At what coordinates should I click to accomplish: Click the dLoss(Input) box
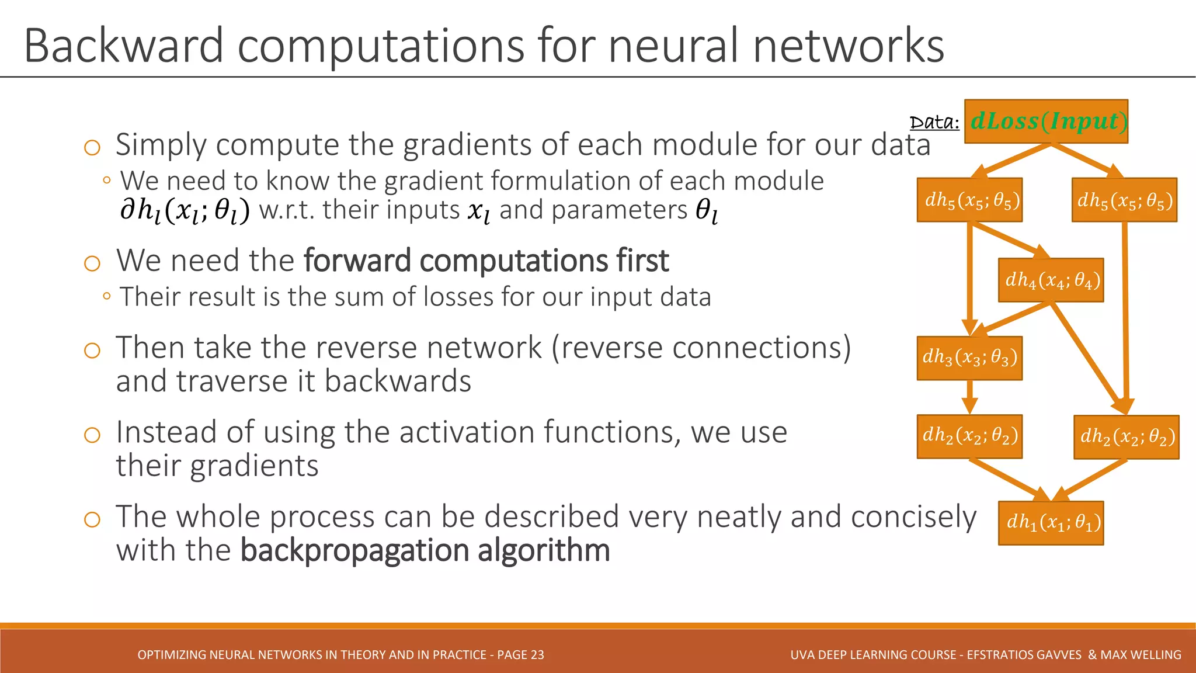(1045, 122)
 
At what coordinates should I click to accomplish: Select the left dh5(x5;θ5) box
(969, 200)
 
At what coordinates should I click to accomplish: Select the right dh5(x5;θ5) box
(1124, 200)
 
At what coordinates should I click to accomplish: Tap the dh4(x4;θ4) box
(1051, 280)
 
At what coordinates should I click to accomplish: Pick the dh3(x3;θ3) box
(969, 358)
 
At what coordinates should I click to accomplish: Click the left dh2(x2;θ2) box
(969, 436)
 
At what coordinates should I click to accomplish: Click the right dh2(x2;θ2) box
(1126, 437)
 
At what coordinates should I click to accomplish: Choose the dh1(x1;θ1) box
(1051, 523)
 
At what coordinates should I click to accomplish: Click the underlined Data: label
(934, 123)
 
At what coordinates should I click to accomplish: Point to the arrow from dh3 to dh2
(969, 397)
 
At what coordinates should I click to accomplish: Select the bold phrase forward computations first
(486, 261)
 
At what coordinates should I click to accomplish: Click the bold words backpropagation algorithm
(425, 550)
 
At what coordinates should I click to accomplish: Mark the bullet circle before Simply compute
(92, 147)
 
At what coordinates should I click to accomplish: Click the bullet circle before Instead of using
(92, 435)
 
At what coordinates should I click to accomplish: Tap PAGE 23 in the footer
(520, 655)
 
